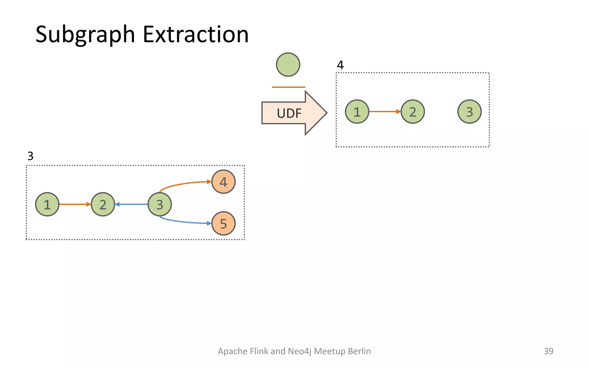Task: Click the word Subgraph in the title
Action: click(x=85, y=34)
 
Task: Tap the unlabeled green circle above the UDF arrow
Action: click(x=288, y=65)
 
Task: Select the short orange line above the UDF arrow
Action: click(x=288, y=87)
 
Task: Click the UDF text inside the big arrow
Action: click(x=289, y=113)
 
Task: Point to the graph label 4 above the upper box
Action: click(x=340, y=65)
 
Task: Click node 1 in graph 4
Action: click(x=357, y=112)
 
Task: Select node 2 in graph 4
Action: click(x=413, y=112)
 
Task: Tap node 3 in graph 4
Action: click(x=469, y=112)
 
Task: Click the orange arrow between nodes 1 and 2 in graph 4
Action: click(x=385, y=111)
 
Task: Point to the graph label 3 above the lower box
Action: click(x=30, y=156)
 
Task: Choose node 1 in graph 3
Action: click(x=47, y=204)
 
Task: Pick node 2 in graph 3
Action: click(x=103, y=204)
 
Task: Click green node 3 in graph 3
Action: click(x=160, y=204)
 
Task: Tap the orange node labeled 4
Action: click(x=223, y=182)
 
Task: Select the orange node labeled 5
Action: click(x=223, y=223)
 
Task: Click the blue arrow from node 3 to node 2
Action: click(x=131, y=204)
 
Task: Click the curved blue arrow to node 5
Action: click(x=184, y=222)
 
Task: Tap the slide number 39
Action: click(x=548, y=351)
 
